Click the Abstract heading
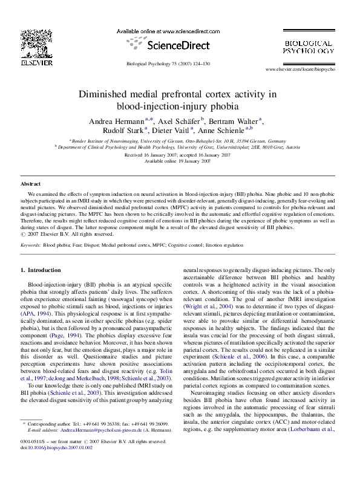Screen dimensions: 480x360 (x=31, y=183)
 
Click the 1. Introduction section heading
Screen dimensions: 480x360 (x=41, y=270)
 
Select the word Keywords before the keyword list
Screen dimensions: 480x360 (x=31, y=246)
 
